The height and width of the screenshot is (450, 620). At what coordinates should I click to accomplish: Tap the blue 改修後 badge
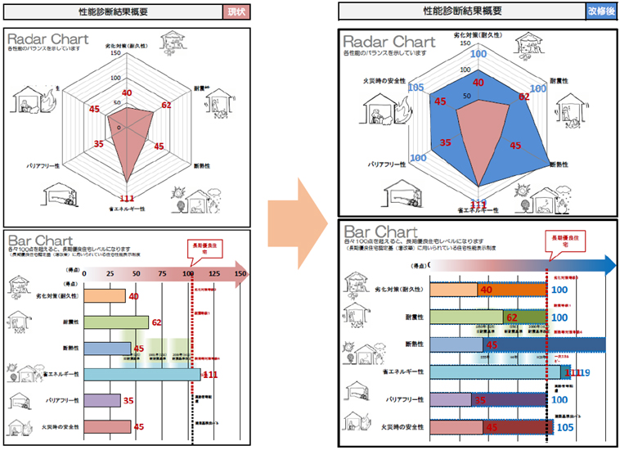[602, 11]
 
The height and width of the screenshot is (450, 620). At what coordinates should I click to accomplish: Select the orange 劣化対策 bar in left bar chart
[105, 296]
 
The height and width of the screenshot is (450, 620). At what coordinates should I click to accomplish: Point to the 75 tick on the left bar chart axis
[162, 273]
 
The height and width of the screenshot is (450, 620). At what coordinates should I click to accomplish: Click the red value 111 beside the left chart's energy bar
[210, 375]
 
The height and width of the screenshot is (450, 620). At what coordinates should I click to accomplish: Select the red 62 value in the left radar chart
[166, 105]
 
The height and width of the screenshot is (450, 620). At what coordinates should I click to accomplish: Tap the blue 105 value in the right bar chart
[564, 427]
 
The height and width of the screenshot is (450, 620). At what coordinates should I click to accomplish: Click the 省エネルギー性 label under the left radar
[126, 209]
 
